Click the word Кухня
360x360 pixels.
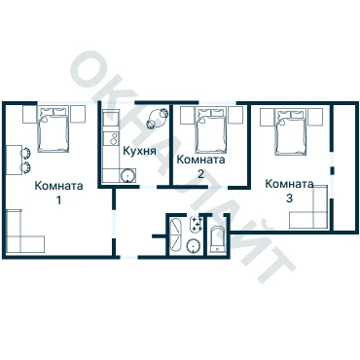(x=140, y=151)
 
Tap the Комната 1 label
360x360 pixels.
(x=58, y=193)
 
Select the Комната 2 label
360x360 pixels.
(x=200, y=166)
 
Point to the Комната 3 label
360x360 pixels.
(x=289, y=191)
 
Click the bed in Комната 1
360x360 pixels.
(x=54, y=129)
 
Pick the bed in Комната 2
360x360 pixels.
(x=210, y=130)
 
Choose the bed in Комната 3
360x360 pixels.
(x=290, y=132)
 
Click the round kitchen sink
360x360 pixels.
(x=127, y=176)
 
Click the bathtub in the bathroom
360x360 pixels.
(x=177, y=235)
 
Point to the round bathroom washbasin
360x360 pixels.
(x=194, y=246)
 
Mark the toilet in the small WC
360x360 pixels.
(x=216, y=239)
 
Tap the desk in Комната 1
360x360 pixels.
(x=14, y=161)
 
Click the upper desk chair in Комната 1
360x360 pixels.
(x=25, y=152)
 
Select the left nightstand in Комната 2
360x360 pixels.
(x=188, y=115)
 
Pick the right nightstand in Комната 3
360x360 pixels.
(x=315, y=117)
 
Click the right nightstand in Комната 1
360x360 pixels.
(x=78, y=114)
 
